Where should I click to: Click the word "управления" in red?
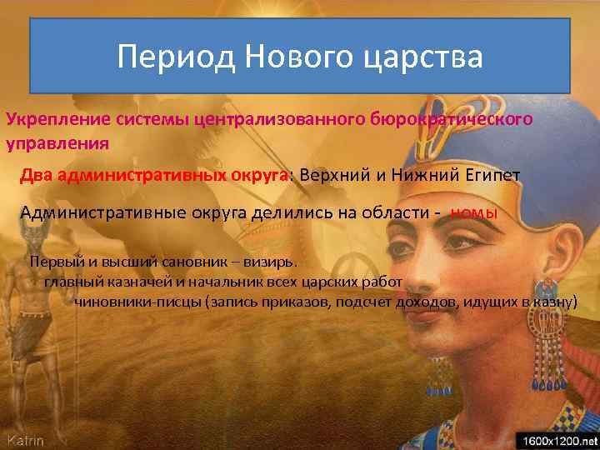[57, 142]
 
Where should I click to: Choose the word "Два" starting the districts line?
[38, 177]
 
